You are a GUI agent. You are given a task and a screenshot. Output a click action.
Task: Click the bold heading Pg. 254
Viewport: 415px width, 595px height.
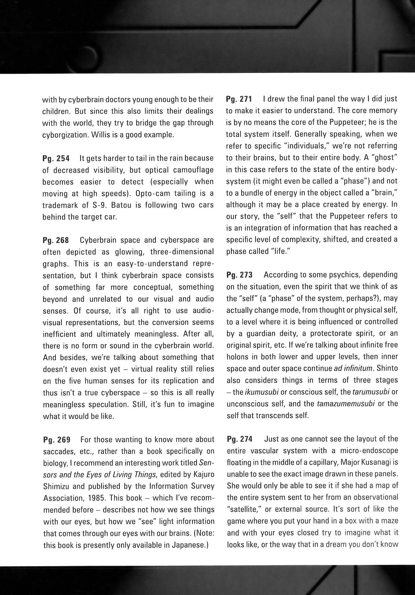pyautogui.click(x=56, y=159)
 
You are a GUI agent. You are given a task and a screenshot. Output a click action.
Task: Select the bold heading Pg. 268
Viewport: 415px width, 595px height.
pyautogui.click(x=56, y=241)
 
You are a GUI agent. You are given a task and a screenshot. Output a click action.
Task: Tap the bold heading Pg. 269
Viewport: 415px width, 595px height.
pyautogui.click(x=57, y=440)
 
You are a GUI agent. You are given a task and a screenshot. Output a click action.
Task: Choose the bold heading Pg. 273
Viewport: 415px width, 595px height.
pyautogui.click(x=239, y=275)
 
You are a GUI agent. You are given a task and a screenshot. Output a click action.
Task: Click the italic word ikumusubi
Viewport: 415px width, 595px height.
pyautogui.click(x=262, y=392)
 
